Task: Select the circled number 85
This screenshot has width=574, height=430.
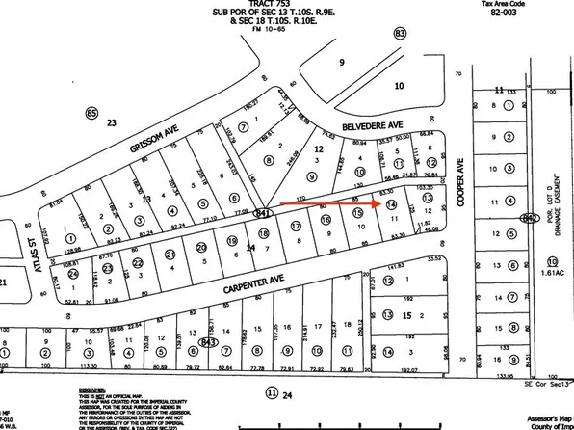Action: pyautogui.click(x=92, y=114)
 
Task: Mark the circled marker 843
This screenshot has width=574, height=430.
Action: pyautogui.click(x=209, y=341)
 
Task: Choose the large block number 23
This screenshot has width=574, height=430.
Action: pyautogui.click(x=111, y=122)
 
